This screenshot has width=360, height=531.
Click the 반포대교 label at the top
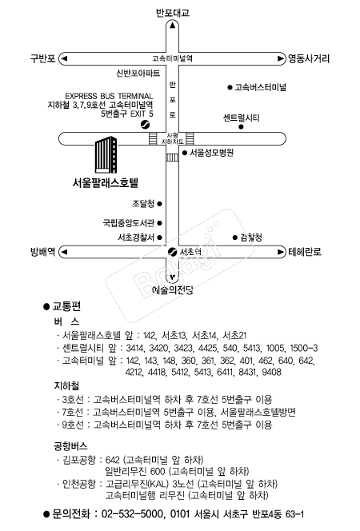pyautogui.click(x=172, y=13)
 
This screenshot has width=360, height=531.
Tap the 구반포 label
pyautogui.click(x=42, y=58)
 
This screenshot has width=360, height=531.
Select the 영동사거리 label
pyautogui.click(x=309, y=58)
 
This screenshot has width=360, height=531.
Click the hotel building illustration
pyautogui.click(x=106, y=155)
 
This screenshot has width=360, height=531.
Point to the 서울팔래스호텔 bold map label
pyautogui.click(x=106, y=183)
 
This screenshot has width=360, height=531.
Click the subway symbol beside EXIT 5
pyautogui.click(x=145, y=125)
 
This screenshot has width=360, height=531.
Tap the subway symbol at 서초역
pyautogui.click(x=172, y=252)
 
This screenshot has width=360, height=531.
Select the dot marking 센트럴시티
pyautogui.click(x=241, y=127)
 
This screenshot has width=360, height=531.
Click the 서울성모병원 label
pyautogui.click(x=211, y=153)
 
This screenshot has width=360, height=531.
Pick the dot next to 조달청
pyautogui.click(x=159, y=204)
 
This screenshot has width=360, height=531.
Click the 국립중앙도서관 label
pyautogui.click(x=129, y=223)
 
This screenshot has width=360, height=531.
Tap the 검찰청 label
pyautogui.click(x=251, y=238)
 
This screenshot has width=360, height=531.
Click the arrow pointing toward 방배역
pyautogui.click(x=64, y=252)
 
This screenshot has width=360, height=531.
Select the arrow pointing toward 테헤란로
pyautogui.click(x=281, y=252)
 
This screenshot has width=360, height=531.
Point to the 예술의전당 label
pyautogui.click(x=172, y=290)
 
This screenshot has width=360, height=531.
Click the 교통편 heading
pyautogui.click(x=66, y=306)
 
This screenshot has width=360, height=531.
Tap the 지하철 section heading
pyautogui.click(x=66, y=385)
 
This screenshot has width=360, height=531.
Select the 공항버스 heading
pyautogui.click(x=70, y=445)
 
